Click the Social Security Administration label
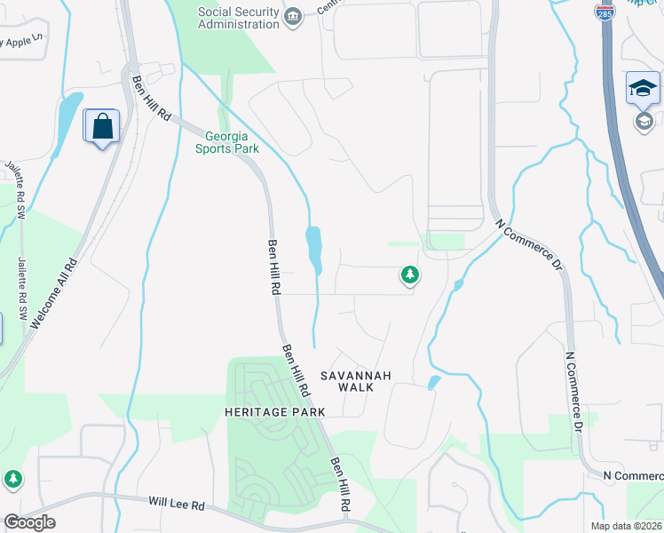point(238,18)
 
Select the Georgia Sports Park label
point(233,143)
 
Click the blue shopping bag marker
point(102,126)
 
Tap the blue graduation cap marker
point(643,89)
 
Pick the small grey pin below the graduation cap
point(644,121)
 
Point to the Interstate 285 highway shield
point(605,12)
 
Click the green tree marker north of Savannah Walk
point(409,275)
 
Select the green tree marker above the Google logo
point(12,479)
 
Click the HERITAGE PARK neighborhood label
point(275,412)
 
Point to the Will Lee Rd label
point(177,505)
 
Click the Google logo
point(29,522)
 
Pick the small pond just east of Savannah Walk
point(434,382)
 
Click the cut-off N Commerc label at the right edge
point(632,476)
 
